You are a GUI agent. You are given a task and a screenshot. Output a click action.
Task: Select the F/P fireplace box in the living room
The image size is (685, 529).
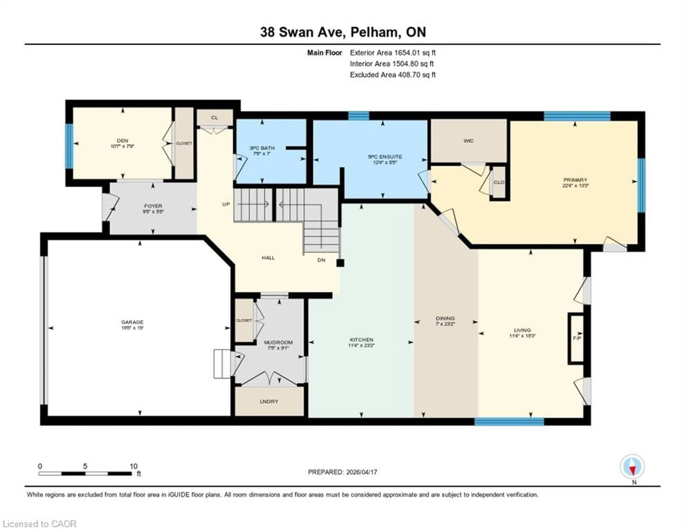tap(577, 339)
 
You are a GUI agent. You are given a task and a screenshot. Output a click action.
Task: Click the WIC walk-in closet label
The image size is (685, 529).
tap(468, 141)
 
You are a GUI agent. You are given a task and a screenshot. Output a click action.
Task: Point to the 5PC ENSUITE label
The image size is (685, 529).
tap(385, 157)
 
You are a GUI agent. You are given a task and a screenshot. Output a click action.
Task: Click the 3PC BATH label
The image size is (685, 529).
tap(262, 148)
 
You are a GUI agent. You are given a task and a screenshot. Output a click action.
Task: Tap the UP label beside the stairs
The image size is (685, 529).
tap(226, 204)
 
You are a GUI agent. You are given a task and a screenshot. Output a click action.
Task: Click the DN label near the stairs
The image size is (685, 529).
tap(321, 260)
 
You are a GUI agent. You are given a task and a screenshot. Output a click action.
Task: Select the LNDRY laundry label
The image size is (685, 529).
tap(269, 401)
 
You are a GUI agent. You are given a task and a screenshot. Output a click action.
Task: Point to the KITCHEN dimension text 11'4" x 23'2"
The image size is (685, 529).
tap(362, 345)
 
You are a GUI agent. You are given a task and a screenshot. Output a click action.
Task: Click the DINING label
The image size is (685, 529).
tap(445, 318)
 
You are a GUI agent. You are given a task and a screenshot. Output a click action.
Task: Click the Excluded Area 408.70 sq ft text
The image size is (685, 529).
tap(393, 75)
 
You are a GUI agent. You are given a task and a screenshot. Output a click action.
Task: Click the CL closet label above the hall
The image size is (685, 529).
tap(215, 118)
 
